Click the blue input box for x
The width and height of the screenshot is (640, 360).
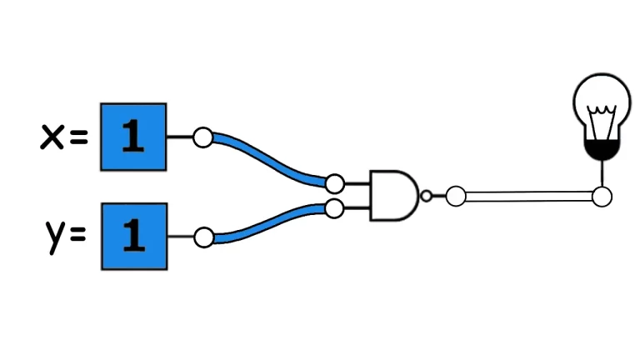coord(133,137)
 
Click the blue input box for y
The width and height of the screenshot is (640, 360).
coord(133,236)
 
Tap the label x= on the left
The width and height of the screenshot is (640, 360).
coord(63,137)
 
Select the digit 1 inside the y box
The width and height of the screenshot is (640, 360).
coord(132,237)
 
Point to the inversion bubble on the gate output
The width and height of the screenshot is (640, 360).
coord(426,197)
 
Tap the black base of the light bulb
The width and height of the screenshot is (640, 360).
coord(599,150)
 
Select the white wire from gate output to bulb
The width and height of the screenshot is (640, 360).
coord(528,197)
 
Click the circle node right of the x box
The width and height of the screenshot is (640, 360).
coord(202,137)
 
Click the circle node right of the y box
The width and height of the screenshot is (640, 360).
coord(202,237)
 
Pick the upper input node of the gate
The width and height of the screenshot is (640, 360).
coord(335,183)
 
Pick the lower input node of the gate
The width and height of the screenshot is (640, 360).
coord(335,208)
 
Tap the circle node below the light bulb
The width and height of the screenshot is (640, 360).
coord(601,197)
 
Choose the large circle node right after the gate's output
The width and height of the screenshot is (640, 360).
coord(455,197)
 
